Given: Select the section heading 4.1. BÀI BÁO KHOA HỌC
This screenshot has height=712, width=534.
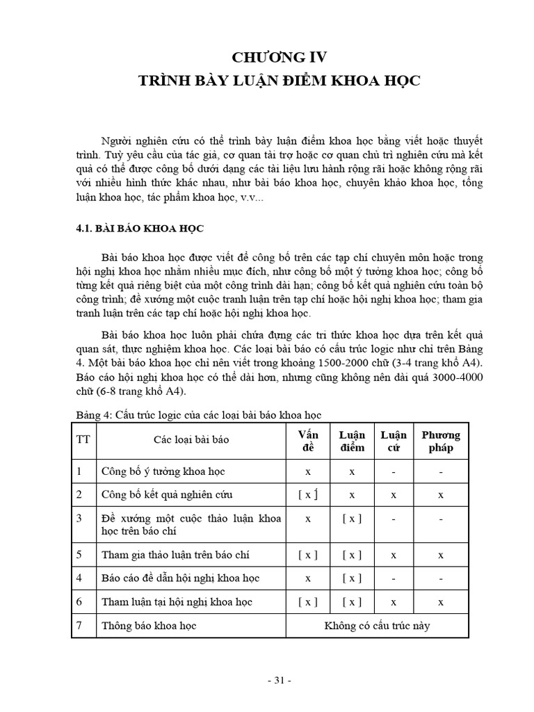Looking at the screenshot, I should point(139,227).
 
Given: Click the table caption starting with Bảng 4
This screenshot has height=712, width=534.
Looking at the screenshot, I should point(198,415).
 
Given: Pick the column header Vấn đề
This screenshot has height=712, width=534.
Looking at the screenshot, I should point(307,441).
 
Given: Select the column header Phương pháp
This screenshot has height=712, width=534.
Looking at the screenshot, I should point(441,441).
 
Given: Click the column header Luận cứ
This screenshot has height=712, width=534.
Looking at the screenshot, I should point(394,441).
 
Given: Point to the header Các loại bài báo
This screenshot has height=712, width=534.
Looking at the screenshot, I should point(191,440).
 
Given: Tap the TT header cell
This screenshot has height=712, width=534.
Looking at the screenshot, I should point(84,440).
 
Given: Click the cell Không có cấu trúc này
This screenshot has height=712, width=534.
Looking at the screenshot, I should point(377,626).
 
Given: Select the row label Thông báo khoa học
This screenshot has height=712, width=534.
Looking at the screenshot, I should point(149,626).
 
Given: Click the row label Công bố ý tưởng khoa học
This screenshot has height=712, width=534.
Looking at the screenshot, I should point(163,471).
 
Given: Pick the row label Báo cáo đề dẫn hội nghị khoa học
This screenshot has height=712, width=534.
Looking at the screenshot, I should point(180,578).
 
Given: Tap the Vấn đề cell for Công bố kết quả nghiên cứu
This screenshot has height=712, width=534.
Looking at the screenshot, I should point(307,495).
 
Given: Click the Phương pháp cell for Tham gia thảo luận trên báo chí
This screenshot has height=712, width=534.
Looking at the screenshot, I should point(441,555).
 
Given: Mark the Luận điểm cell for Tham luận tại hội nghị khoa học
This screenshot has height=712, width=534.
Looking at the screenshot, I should point(352,601).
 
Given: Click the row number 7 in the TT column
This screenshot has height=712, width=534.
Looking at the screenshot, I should point(79,626).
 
